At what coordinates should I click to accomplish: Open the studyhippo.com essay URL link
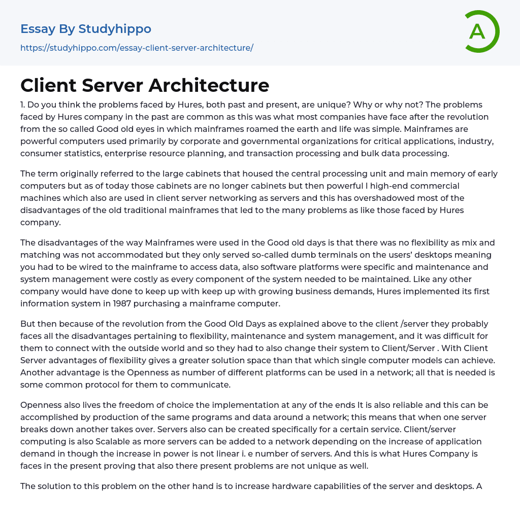pyautogui.click(x=137, y=48)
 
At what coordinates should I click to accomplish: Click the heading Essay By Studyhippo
pyautogui.click(x=86, y=29)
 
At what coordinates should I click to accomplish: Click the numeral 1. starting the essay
pyautogui.click(x=23, y=105)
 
